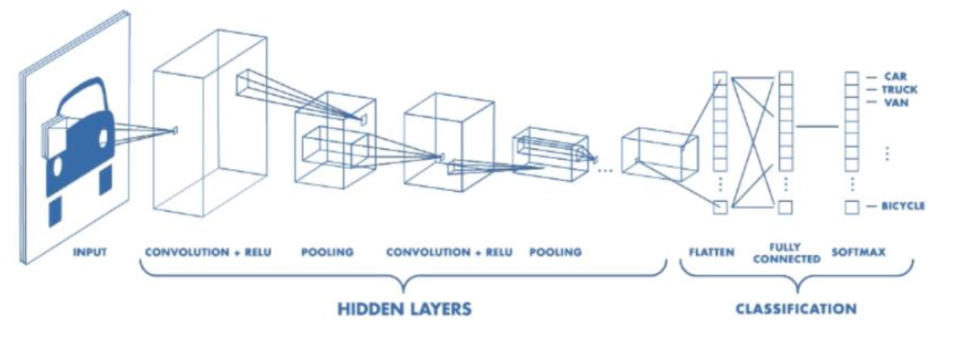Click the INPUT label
point(89,251)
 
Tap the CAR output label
point(894,77)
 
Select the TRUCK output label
point(899,89)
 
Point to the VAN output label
point(894,102)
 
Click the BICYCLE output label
point(903,206)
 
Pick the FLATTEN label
point(711,251)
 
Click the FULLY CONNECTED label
point(786,253)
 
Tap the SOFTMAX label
point(858,251)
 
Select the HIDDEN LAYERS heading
point(404,309)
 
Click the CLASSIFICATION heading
point(795,309)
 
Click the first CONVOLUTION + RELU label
point(208,251)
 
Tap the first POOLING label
point(327,251)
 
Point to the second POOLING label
point(555,251)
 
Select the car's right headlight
point(103,135)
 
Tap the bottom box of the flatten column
point(719,207)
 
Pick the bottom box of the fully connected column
point(785,207)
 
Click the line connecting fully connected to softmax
point(817,126)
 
